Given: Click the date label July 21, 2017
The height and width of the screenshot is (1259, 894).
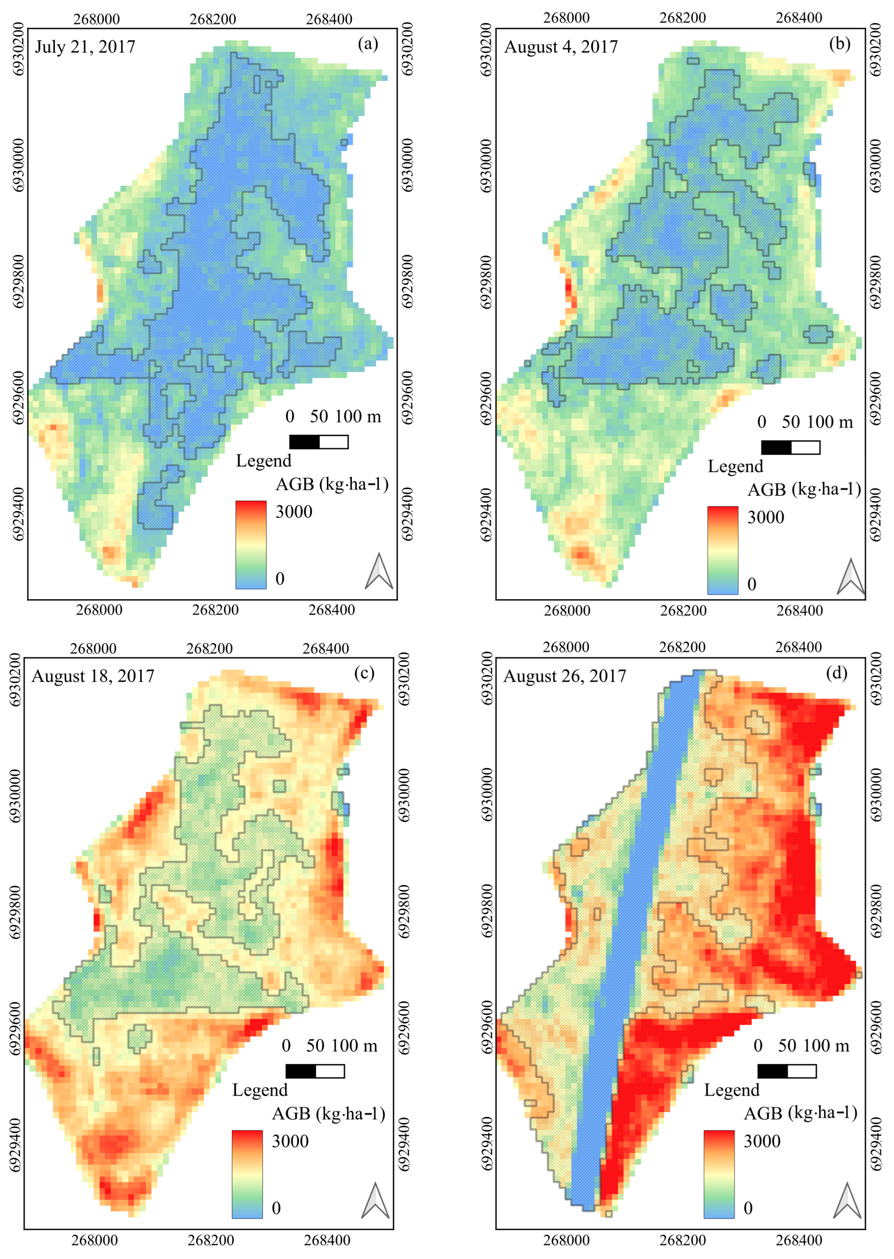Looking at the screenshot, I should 85,47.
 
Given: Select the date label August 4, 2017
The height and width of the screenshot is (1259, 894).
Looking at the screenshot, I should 561,47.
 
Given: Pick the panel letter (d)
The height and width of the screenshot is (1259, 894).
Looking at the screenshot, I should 837,673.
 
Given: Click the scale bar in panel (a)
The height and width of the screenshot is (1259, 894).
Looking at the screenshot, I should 319,442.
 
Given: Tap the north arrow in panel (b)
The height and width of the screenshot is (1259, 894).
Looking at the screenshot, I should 851,577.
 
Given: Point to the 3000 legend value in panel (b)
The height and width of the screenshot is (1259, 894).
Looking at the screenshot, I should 765,517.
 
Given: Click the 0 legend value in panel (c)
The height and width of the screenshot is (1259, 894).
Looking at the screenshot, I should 276,1208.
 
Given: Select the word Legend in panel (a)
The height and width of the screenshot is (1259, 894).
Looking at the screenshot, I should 264,461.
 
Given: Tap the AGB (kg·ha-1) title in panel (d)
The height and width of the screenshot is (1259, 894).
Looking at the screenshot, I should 801,1113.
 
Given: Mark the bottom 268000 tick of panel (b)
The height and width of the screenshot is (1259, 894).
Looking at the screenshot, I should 567,611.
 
